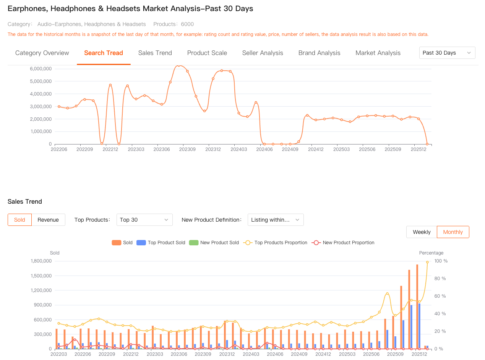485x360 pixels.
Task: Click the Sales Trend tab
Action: pyautogui.click(x=155, y=53)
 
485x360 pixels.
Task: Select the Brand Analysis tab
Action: pyautogui.click(x=319, y=53)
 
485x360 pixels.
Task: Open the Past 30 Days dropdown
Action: pyautogui.click(x=447, y=53)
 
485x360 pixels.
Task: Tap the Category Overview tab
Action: pyautogui.click(x=42, y=53)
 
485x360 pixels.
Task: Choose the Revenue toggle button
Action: pyautogui.click(x=48, y=220)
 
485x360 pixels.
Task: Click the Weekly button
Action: pyautogui.click(x=422, y=232)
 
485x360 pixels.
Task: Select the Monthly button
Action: pyautogui.click(x=453, y=232)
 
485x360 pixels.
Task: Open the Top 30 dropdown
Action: pyautogui.click(x=144, y=220)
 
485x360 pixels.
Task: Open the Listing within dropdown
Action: pyautogui.click(x=276, y=220)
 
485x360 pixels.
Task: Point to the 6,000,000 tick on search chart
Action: pyautogui.click(x=41, y=69)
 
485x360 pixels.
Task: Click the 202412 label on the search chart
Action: pyautogui.click(x=316, y=149)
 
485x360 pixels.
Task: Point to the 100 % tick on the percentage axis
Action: pyautogui.click(x=441, y=261)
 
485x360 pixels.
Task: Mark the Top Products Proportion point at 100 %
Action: pyautogui.click(x=427, y=262)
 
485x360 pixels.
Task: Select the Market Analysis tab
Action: pyautogui.click(x=378, y=53)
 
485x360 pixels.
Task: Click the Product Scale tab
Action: pyautogui.click(x=207, y=53)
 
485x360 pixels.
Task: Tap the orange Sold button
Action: pyautogui.click(x=19, y=220)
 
